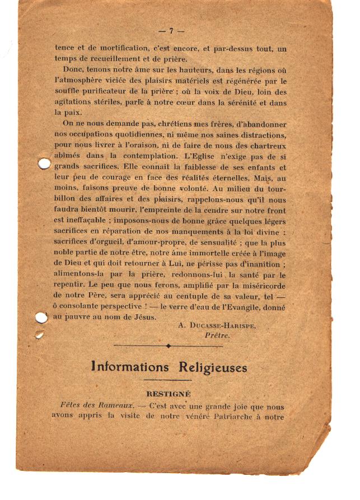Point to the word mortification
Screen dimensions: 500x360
pos(119,49)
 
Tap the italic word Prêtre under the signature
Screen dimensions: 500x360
pos(217,335)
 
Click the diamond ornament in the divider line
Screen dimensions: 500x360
pos(168,346)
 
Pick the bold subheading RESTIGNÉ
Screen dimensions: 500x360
pos(169,394)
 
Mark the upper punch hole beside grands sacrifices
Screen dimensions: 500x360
pos(44,163)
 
